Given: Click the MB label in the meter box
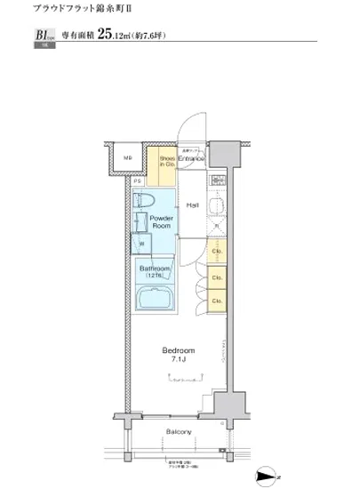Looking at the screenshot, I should click(127, 159).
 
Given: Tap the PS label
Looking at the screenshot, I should click(138, 180).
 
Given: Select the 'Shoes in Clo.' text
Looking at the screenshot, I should click(168, 162).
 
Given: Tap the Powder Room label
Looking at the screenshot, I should click(161, 222).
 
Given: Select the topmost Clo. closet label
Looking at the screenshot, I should click(216, 252).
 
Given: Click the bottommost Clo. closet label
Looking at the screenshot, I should click(216, 301).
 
